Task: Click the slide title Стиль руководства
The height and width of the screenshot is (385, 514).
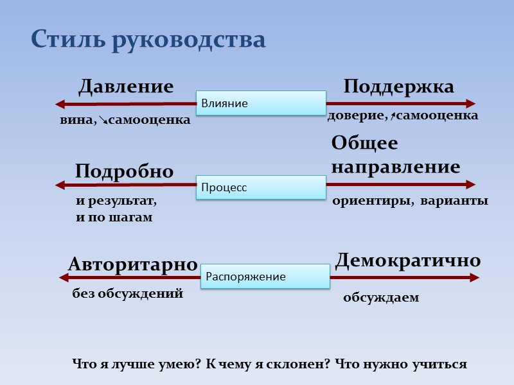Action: pyautogui.click(x=148, y=40)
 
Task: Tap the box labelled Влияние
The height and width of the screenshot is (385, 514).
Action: pyautogui.click(x=261, y=103)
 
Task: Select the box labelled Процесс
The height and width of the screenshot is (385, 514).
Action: pyautogui.click(x=261, y=187)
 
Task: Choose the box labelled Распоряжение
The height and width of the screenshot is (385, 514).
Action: pyautogui.click(x=265, y=277)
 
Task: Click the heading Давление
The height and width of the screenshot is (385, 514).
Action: pyautogui.click(x=126, y=87)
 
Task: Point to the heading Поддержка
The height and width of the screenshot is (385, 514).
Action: pyautogui.click(x=398, y=87)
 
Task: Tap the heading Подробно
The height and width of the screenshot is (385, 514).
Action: pyautogui.click(x=124, y=171)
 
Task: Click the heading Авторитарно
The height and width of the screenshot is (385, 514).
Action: pyautogui.click(x=132, y=264)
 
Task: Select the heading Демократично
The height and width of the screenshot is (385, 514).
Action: pyautogui.click(x=408, y=260)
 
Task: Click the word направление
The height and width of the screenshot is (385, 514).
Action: pyautogui.click(x=396, y=167)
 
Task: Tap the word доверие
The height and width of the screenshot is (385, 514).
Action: pyautogui.click(x=357, y=116)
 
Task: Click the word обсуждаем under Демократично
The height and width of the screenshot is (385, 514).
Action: pyautogui.click(x=381, y=298)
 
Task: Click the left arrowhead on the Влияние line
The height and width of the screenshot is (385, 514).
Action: pyautogui.click(x=59, y=103)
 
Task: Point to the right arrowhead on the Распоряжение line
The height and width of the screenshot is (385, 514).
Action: pyautogui.click(x=475, y=277)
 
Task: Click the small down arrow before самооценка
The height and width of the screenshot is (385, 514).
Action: pyautogui.click(x=103, y=120)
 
